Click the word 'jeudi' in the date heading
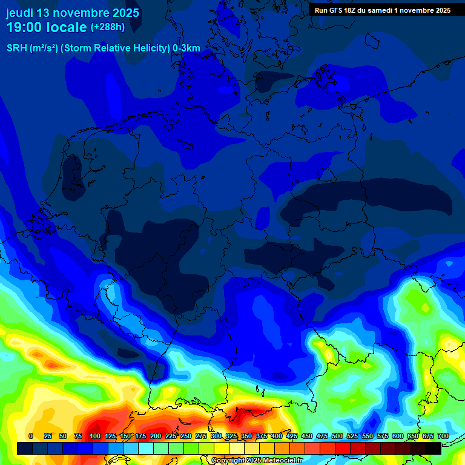[19, 13]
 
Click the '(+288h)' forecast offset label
[108, 27]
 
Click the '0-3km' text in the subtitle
[186, 48]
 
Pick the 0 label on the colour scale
[31, 436]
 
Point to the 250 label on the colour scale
[186, 436]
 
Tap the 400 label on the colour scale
[277, 436]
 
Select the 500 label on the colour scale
[337, 436]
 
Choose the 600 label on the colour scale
[398, 436]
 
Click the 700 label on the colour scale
[443, 436]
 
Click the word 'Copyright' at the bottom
[228, 461]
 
